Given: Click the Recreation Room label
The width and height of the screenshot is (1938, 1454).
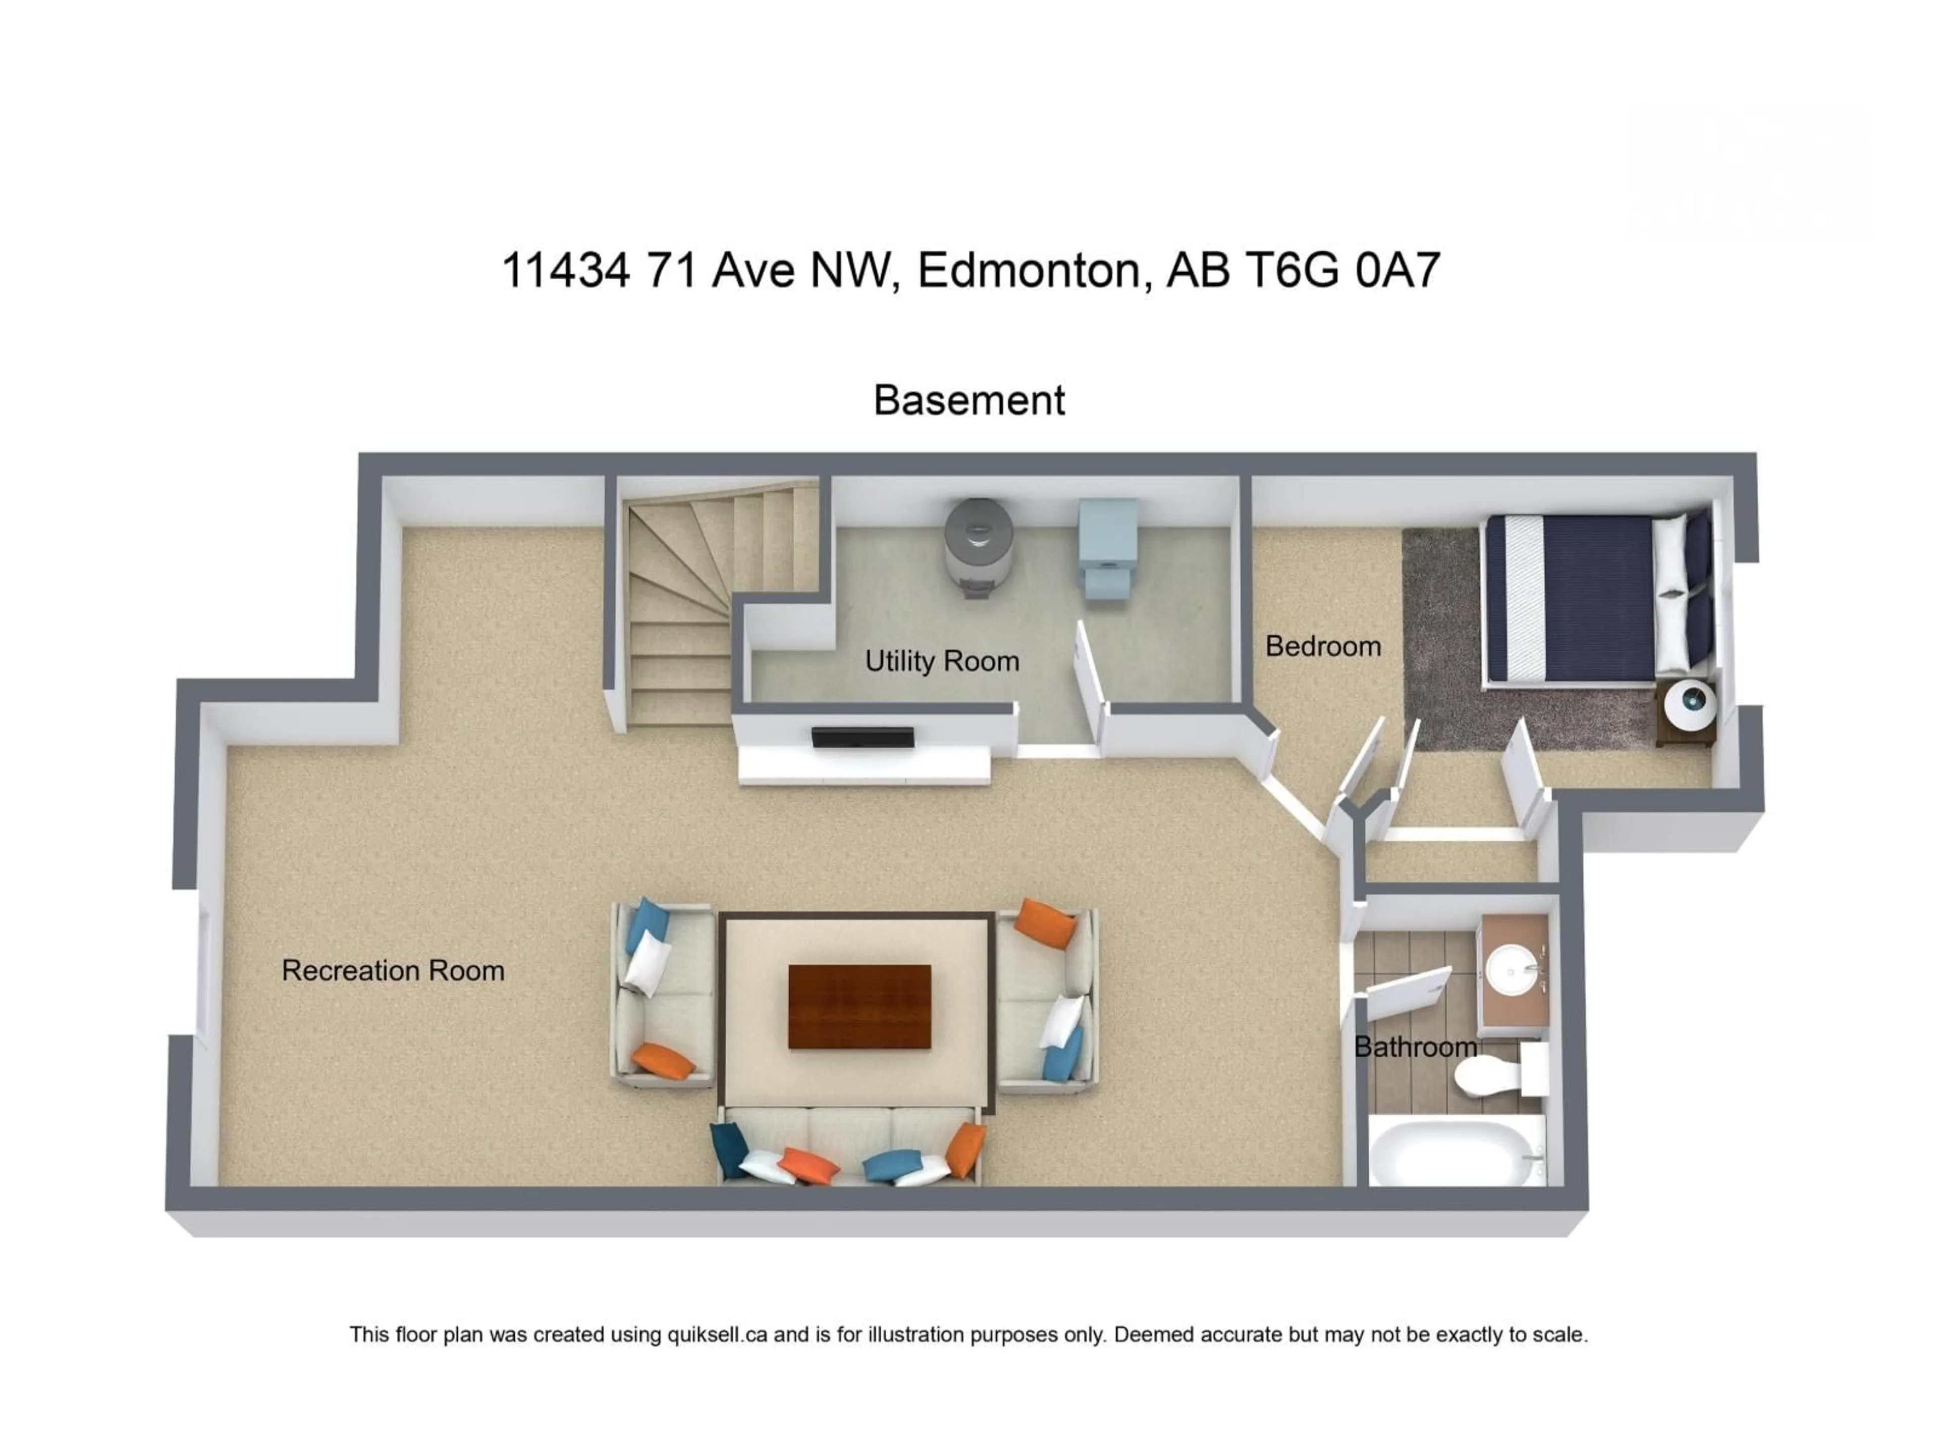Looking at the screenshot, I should tap(393, 971).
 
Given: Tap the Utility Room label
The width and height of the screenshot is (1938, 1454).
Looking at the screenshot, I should tap(942, 661).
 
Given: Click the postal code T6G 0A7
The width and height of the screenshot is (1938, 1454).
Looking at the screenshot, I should tap(1342, 270).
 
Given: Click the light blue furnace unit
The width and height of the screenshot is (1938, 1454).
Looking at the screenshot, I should tap(1107, 548).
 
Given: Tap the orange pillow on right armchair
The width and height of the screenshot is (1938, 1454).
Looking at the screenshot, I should tap(1048, 922).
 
